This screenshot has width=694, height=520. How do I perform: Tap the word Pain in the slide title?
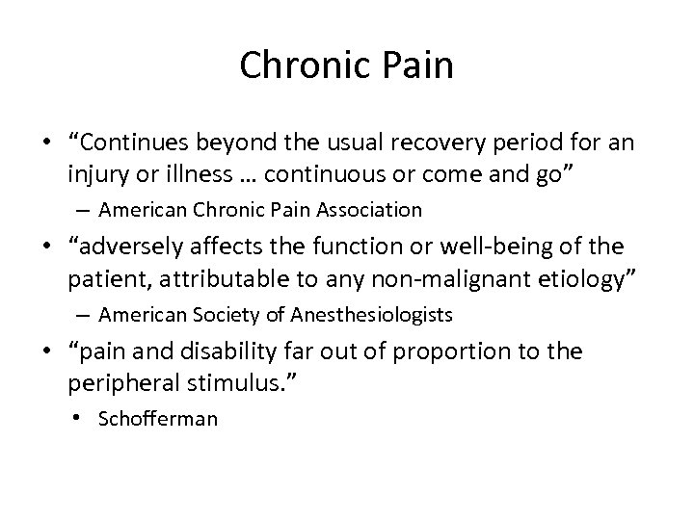[416, 65]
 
